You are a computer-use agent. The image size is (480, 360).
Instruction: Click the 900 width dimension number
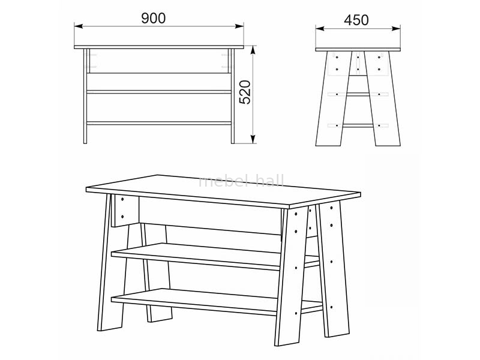[154, 19]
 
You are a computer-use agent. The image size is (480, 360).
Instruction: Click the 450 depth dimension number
[356, 20]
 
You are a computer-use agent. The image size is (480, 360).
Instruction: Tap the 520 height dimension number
[245, 92]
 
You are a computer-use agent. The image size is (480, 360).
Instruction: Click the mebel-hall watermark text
[241, 181]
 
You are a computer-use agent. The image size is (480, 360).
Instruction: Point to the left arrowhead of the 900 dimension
[79, 26]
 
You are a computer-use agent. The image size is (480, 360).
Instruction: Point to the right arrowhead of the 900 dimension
[239, 26]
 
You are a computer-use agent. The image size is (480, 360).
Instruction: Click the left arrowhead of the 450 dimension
[320, 29]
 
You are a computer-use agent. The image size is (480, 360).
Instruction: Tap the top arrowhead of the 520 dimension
[253, 51]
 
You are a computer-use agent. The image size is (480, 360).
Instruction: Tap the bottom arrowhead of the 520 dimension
[253, 139]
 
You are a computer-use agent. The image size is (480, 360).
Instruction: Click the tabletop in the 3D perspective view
[223, 190]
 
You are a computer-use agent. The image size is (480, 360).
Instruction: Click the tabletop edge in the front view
[159, 47]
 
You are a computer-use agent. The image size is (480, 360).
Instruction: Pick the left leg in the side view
[334, 98]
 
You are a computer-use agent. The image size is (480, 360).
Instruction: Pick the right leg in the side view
[383, 98]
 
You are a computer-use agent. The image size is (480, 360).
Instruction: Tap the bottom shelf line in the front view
[159, 123]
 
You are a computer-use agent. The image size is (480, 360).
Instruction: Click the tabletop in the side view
[358, 50]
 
